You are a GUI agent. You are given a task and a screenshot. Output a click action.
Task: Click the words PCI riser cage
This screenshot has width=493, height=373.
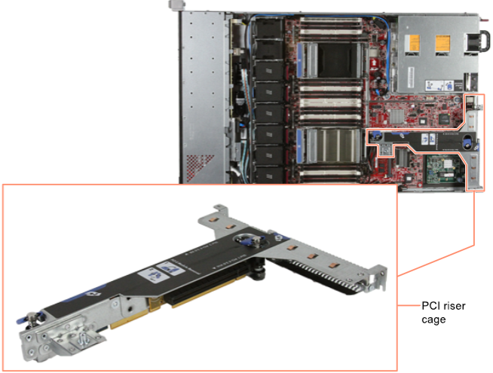coord(443,313)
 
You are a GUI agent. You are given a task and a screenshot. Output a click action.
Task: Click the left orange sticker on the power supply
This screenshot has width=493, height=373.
coord(412,43)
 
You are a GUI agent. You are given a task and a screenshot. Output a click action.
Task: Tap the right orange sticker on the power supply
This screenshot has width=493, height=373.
coord(442,44)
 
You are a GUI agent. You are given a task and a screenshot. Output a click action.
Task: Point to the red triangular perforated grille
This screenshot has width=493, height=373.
coord(198,168)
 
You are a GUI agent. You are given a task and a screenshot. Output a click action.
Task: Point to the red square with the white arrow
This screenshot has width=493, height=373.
coord(374,64)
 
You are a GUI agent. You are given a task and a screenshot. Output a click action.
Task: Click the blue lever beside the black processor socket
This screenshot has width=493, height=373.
coord(299,60)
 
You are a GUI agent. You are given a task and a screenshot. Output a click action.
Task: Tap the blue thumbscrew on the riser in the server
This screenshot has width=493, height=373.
coord(375,136)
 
